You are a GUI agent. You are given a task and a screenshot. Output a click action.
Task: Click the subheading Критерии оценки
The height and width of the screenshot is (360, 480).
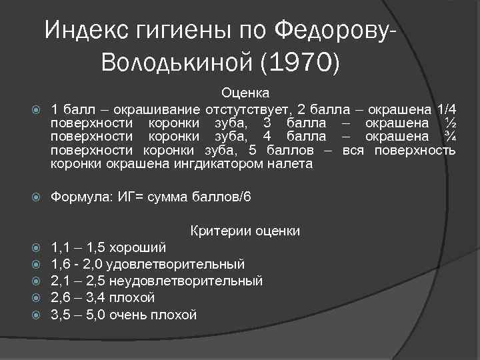(245, 231)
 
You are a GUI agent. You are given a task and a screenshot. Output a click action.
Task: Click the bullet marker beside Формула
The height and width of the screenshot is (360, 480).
(37, 198)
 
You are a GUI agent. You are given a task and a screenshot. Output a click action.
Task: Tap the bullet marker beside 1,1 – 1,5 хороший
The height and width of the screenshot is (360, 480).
(37, 247)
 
